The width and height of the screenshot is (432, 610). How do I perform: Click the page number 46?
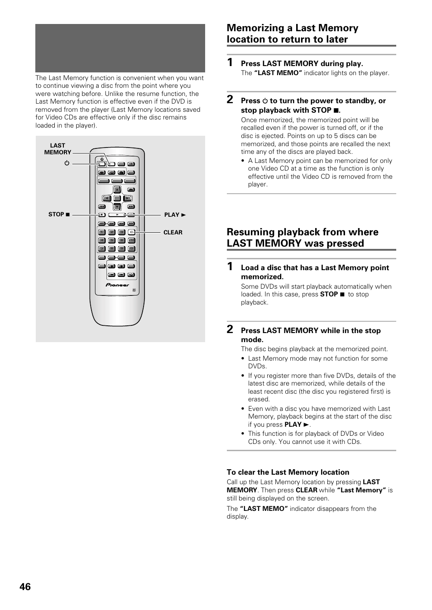tap(25, 586)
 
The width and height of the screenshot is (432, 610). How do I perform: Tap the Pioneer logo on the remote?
tap(118, 285)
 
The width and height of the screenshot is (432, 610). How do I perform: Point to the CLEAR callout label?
tap(173, 233)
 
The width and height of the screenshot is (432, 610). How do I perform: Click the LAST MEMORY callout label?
tap(58, 149)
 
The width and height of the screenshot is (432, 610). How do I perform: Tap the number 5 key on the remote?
tap(111, 240)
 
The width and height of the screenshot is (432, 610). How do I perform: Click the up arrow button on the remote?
tap(117, 189)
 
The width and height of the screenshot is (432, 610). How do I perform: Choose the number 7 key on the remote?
tap(102, 249)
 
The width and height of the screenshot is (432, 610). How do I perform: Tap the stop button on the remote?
tap(102, 215)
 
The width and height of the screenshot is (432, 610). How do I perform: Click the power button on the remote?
tap(102, 164)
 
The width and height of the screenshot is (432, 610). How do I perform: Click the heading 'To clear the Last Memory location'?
tap(288, 472)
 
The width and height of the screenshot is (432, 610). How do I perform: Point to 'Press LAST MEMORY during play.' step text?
tap(302, 64)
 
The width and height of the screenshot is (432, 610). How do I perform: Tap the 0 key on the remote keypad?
tap(131, 249)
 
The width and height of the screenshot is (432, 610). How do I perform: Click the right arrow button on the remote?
tap(128, 198)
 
